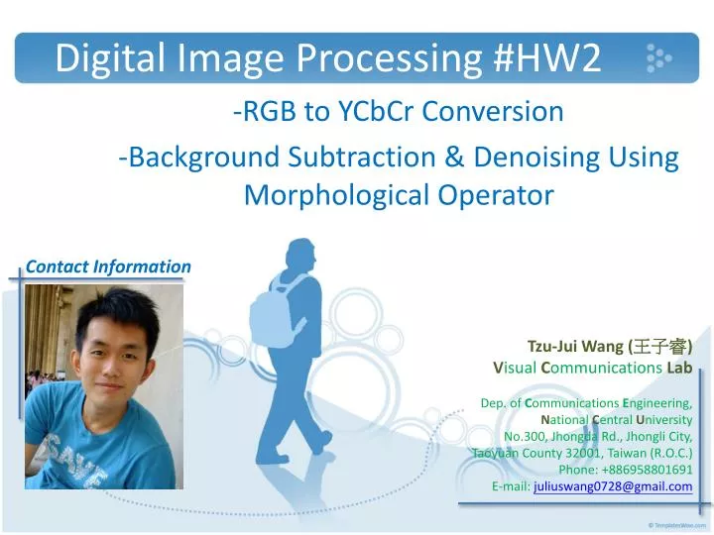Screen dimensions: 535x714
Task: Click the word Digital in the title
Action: (106, 59)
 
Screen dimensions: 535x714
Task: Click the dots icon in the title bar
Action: (658, 58)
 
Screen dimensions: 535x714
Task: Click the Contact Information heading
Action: (108, 267)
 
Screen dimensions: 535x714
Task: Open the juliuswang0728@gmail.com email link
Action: (612, 486)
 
